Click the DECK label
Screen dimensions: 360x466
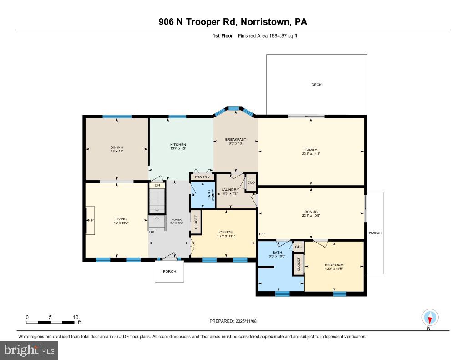[x=316, y=85]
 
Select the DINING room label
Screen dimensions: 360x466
[x=116, y=147]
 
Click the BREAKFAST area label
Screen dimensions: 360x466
[x=235, y=139]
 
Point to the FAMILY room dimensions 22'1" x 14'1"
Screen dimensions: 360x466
[x=311, y=154]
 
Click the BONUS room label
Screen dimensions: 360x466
[x=311, y=212]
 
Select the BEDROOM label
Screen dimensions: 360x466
[x=334, y=265]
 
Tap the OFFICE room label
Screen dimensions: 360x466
[x=226, y=232]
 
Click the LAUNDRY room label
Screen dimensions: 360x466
[x=230, y=190]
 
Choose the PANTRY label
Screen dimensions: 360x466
[x=202, y=177]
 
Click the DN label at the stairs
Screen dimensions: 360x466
[x=157, y=185]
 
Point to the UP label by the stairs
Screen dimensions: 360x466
[x=152, y=232]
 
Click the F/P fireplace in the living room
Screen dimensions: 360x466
[x=91, y=220]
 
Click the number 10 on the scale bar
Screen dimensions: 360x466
[x=76, y=317]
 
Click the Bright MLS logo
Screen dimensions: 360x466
[x=29, y=350]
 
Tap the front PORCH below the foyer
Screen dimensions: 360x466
[x=169, y=271]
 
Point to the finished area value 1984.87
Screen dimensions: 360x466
[x=278, y=36]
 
